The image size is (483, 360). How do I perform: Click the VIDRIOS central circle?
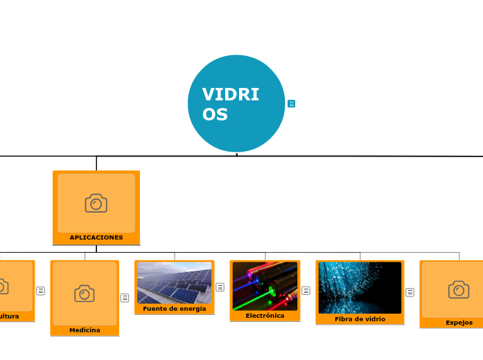click(236, 103)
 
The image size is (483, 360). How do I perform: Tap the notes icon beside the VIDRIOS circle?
click(291, 104)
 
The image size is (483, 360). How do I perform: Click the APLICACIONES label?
click(96, 237)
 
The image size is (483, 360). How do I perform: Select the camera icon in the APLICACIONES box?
click(96, 203)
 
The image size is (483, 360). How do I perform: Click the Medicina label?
click(85, 330)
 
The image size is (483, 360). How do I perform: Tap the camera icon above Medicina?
click(85, 294)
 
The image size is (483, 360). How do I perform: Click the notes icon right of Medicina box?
click(125, 298)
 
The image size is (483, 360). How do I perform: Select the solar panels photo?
click(175, 282)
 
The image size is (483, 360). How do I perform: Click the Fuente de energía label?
click(175, 309)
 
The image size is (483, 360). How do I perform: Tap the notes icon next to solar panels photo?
click(220, 287)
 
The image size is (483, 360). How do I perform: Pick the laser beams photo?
click(265, 286)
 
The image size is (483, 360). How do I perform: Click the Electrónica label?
click(265, 316)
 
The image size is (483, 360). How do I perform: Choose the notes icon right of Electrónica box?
click(306, 291)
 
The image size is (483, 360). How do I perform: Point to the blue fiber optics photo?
click(360, 287)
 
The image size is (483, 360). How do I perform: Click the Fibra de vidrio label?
click(360, 319)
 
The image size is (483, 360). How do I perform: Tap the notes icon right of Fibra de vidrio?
click(410, 292)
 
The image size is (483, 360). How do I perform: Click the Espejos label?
click(459, 323)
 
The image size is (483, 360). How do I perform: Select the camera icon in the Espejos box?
click(459, 289)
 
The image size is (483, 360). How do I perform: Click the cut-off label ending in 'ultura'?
click(9, 316)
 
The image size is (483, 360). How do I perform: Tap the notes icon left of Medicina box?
click(40, 291)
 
